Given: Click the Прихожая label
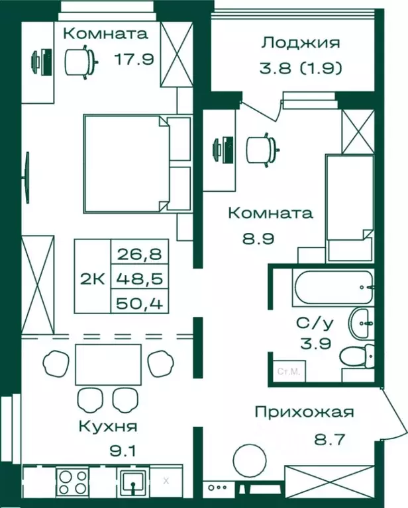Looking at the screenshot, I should pyautogui.click(x=304, y=412).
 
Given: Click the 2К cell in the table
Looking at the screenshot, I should pyautogui.click(x=92, y=278).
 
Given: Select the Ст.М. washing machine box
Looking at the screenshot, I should pyautogui.click(x=287, y=373).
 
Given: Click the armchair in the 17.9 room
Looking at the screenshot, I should pyautogui.click(x=81, y=62).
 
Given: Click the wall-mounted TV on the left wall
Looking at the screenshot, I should pyautogui.click(x=27, y=179).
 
